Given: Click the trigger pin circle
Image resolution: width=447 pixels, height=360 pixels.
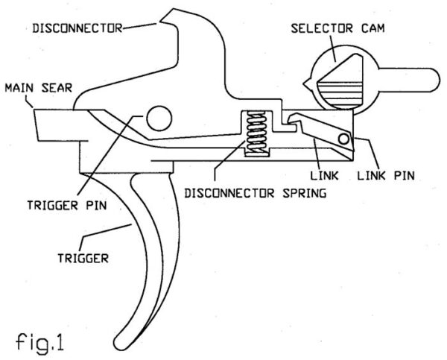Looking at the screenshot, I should click(159, 116).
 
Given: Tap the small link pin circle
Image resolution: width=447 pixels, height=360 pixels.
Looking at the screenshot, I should click(343, 139).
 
